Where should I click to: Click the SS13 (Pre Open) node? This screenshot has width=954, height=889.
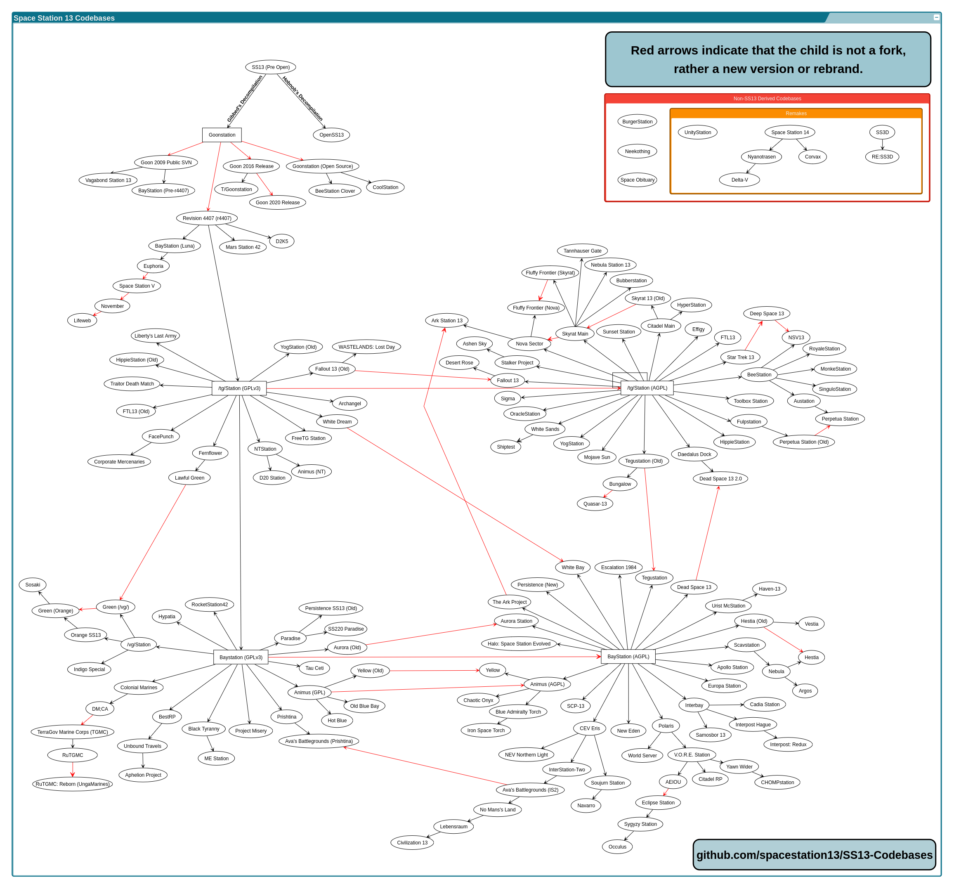coord(271,67)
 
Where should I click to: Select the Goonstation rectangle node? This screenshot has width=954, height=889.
coord(222,135)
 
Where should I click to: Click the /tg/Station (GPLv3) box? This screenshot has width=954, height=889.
coord(239,388)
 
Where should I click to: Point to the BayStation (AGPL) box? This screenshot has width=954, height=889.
coord(628,657)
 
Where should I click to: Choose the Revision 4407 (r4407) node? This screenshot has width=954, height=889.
coord(207,218)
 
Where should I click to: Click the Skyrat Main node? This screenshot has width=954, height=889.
coord(575,333)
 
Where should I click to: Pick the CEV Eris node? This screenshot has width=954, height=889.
coord(590,728)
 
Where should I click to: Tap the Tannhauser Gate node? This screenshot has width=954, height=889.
coord(583,251)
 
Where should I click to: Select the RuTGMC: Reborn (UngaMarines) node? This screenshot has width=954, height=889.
coord(73,784)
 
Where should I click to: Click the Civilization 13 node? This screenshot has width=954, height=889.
coord(412,842)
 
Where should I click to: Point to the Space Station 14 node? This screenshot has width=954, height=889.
coord(790,132)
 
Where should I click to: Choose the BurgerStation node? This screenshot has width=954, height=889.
coord(637,121)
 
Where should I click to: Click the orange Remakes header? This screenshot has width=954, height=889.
coord(796,113)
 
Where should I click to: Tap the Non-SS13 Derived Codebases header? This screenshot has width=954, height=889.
coord(767,98)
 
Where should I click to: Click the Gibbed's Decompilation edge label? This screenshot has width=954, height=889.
coord(245,99)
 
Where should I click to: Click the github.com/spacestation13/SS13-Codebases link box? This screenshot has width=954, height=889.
coord(815,855)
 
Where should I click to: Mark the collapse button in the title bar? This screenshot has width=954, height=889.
coord(936,17)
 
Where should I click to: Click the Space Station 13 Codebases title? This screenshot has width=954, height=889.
coord(64,18)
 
